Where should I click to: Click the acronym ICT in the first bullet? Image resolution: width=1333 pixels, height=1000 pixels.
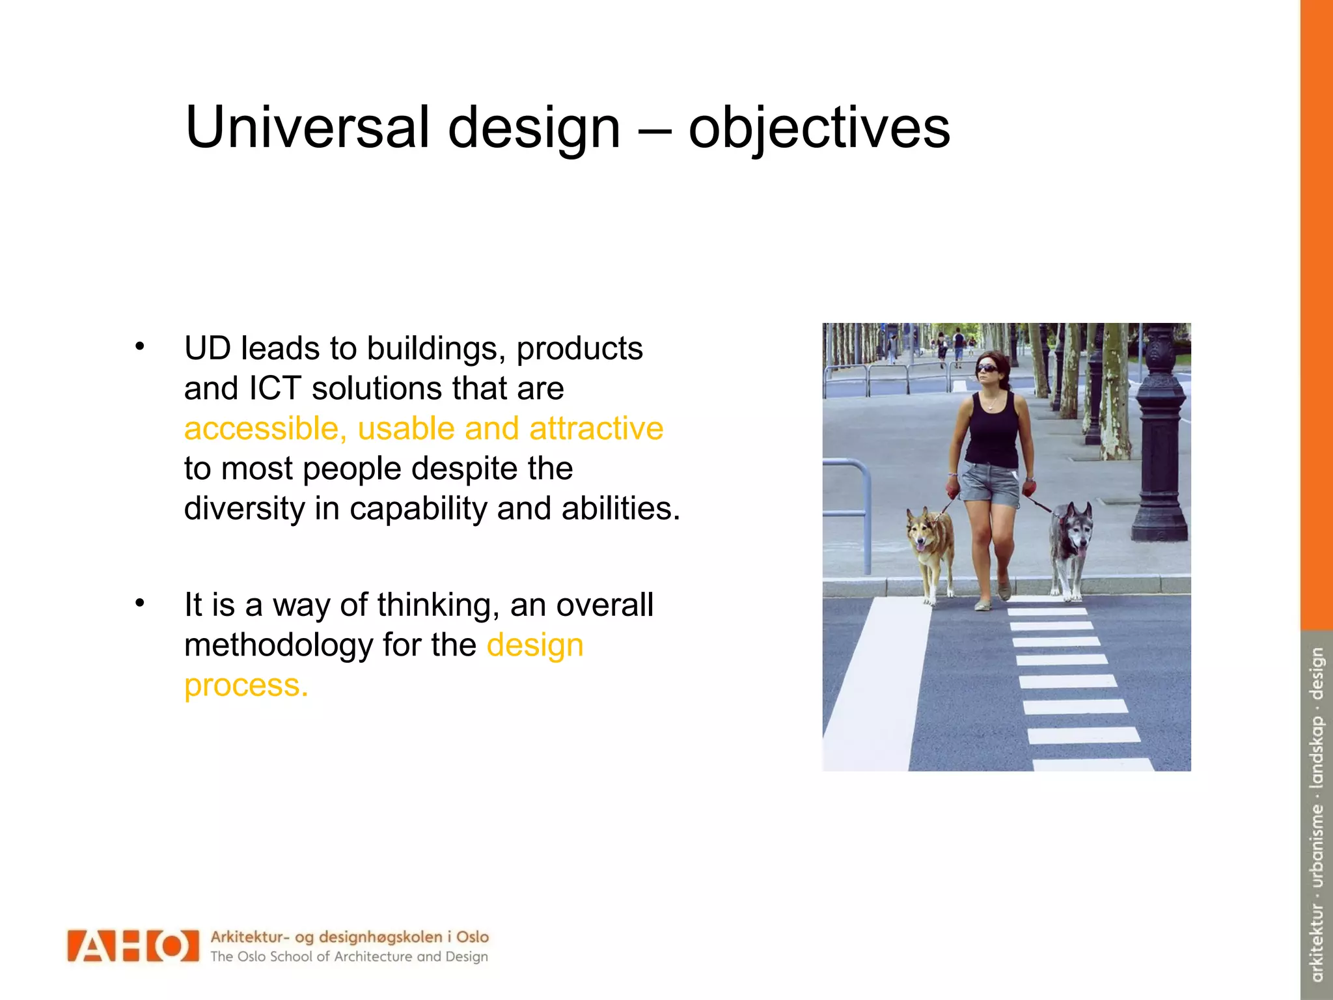point(275,389)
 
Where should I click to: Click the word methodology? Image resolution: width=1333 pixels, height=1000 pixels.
point(279,645)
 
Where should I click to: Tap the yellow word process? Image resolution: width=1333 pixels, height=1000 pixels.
point(245,686)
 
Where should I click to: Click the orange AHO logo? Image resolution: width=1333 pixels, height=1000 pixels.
point(133,945)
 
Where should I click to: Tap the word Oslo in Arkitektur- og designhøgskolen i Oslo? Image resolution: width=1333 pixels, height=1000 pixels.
point(472,937)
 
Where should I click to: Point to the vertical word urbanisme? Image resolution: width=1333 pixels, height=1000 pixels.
point(1317,846)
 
